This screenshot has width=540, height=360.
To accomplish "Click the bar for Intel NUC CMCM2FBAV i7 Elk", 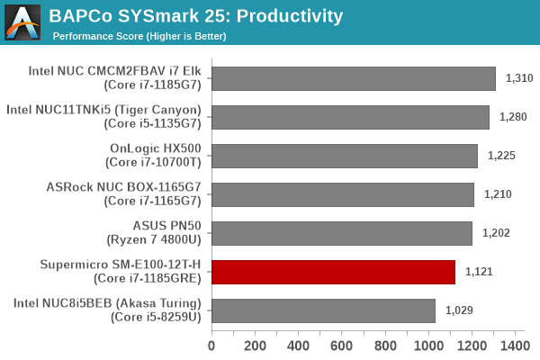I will (354, 78).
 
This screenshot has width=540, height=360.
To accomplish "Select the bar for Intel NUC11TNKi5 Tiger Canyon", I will (350, 117).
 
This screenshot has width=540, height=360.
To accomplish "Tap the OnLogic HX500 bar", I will (345, 156).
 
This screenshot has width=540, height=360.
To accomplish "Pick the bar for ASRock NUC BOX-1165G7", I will (343, 194).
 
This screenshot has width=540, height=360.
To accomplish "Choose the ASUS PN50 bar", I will (342, 233).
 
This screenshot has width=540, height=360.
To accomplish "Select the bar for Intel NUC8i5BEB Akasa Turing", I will (323, 310).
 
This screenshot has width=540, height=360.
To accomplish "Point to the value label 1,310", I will (519, 78).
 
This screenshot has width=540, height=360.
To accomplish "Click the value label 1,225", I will (501, 156).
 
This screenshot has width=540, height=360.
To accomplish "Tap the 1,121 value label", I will (479, 272).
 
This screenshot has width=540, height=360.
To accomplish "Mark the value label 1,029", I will (459, 310).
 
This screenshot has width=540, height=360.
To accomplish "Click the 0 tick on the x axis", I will (211, 346).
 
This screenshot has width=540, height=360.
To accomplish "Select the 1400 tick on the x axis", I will (514, 346).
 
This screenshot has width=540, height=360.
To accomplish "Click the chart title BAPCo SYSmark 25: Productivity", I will (196, 15).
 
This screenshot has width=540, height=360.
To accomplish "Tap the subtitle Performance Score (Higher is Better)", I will (139, 36).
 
